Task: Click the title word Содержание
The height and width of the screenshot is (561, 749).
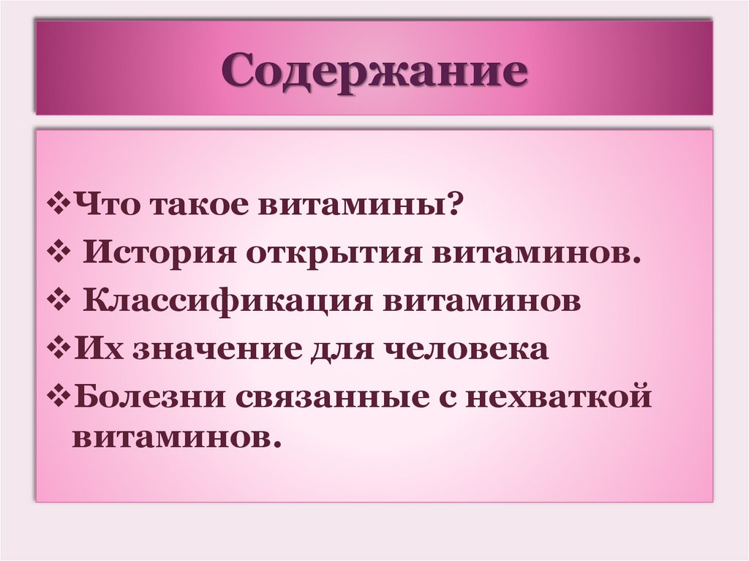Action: (374, 70)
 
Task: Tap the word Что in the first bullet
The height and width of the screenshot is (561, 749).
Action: (105, 207)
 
